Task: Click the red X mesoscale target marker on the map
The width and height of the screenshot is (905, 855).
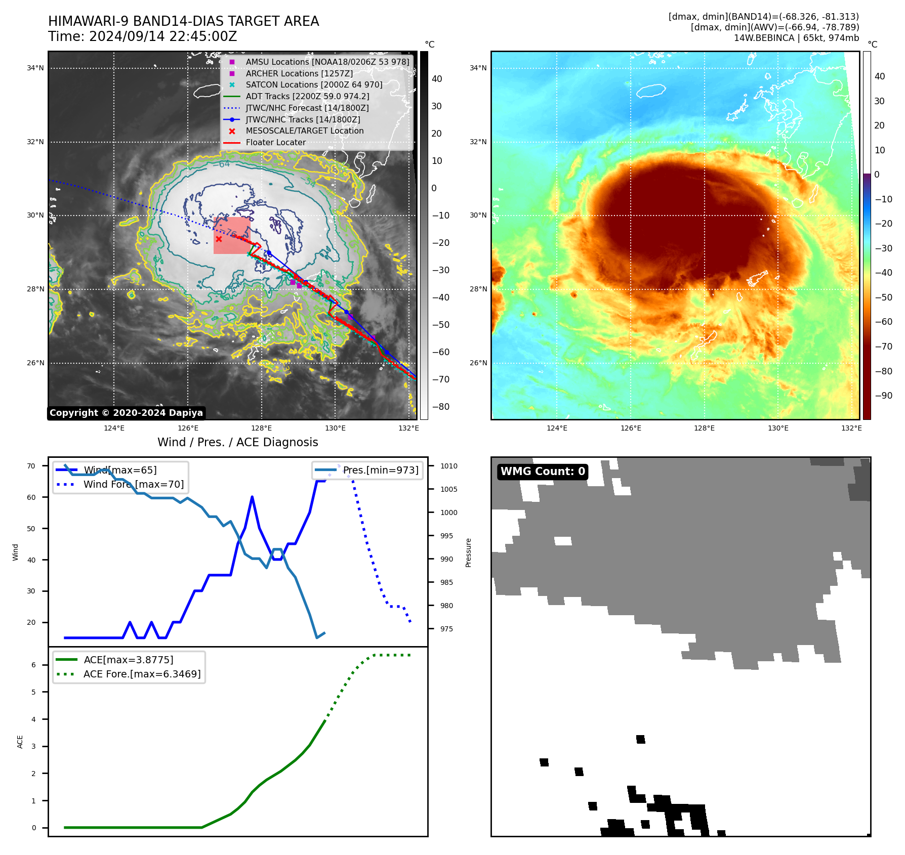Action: coord(219,239)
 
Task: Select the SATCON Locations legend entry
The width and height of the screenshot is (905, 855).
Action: coord(314,85)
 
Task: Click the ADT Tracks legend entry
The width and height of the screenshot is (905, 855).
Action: coord(307,96)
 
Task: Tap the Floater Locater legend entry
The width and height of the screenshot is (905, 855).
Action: coord(275,143)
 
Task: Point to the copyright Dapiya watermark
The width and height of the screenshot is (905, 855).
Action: coord(126,413)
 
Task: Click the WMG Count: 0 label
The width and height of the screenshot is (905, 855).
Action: coord(543,472)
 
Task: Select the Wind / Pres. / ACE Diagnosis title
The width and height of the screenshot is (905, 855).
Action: coord(237,442)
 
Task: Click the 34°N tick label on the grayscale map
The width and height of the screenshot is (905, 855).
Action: coord(35,68)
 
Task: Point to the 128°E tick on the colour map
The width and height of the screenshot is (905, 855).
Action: coord(704,428)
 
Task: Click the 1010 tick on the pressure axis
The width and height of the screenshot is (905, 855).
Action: coord(448,466)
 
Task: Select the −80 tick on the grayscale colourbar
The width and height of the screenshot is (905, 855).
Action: coord(440,407)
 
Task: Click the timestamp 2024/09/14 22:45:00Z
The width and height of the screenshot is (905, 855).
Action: coord(163,36)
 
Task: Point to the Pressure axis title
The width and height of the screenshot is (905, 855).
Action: coord(468,552)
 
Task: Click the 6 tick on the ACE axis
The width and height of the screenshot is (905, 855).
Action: coord(33,665)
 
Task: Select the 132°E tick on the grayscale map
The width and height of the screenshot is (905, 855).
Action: coord(408,428)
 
